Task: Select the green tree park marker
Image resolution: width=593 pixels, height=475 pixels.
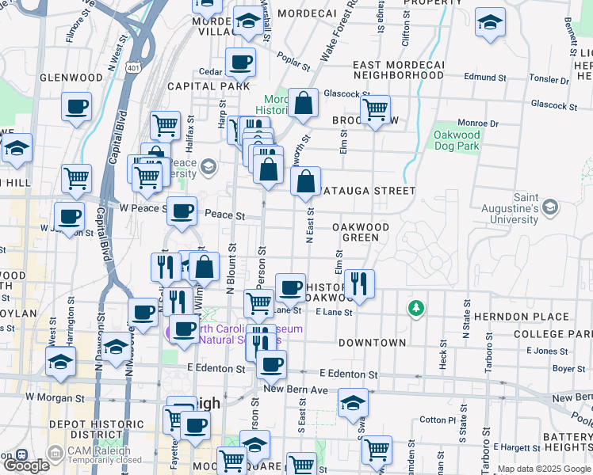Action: [414, 307]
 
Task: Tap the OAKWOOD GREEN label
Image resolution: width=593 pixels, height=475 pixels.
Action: [361, 232]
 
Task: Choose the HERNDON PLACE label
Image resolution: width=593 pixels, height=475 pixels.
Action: [552, 317]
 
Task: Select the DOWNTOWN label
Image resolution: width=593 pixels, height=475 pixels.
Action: [372, 343]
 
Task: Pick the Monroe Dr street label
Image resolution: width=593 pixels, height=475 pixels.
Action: [477, 123]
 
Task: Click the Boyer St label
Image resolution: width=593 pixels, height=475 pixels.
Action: [568, 368]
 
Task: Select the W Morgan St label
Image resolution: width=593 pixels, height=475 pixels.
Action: [55, 396]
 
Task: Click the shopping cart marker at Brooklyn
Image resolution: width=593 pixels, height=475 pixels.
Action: [375, 109]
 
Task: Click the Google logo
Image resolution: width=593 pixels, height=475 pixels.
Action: [26, 465]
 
